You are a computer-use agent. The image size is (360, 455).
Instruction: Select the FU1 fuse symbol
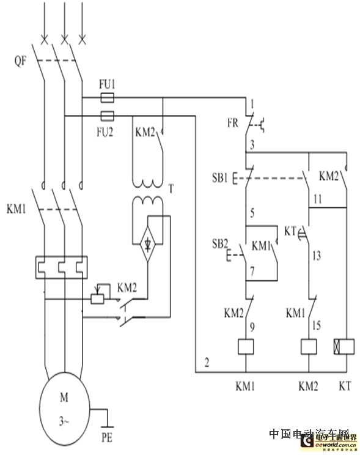point(108,97)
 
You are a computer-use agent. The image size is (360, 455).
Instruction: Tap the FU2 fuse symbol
point(108,114)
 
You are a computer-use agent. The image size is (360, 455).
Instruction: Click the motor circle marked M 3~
point(64,407)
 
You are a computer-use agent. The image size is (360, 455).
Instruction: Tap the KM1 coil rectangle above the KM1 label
point(245,347)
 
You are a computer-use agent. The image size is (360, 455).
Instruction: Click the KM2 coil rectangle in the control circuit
point(309,347)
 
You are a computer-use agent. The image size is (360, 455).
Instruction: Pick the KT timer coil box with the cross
point(344,347)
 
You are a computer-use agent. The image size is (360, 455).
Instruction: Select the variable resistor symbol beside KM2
point(95,298)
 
